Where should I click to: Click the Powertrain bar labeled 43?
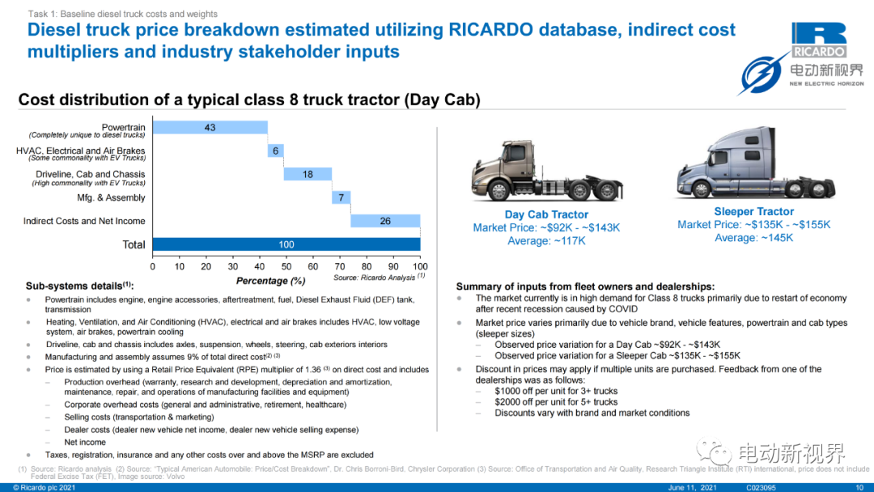(210, 128)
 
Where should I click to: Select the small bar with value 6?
(275, 151)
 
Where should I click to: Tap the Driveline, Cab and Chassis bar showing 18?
(308, 175)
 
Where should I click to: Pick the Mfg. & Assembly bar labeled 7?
(342, 197)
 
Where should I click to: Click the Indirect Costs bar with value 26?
(385, 221)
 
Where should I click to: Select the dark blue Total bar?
(286, 244)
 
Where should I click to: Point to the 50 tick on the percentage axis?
(286, 267)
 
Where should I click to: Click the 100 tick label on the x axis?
(420, 267)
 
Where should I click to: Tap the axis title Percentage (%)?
(271, 281)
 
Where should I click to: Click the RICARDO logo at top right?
(819, 40)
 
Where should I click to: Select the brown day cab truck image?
(546, 171)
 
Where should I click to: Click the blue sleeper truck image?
(755, 163)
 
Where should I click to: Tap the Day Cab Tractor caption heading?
(546, 214)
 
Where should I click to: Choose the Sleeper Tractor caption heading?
(753, 212)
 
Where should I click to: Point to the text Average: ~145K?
(753, 238)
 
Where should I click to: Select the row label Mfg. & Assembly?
(111, 197)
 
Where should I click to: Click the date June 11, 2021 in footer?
(692, 487)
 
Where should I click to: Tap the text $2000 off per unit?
(535, 402)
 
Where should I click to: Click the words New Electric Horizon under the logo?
(826, 83)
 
